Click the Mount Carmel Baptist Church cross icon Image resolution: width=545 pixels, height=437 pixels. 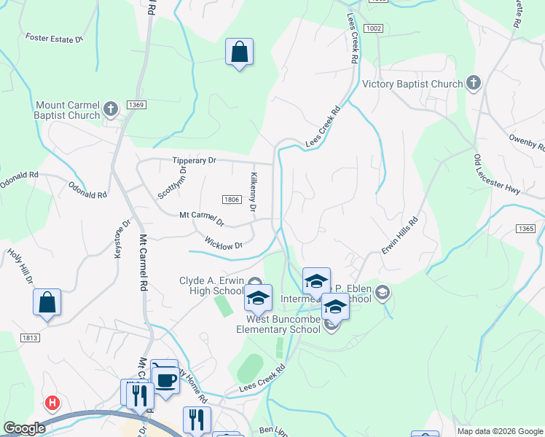coord(111,109)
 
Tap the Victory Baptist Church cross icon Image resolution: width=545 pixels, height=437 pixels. coord(474,83)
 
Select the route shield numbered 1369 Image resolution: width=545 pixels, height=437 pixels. coord(136,105)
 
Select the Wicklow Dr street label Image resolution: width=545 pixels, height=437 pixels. coord(223,244)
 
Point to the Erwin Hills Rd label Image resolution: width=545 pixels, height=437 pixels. coord(401,235)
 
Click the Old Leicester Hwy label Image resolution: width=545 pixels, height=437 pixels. coord(497,175)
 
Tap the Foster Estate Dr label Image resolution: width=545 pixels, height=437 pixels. coord(55,36)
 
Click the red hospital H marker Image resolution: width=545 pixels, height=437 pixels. coord(52,402)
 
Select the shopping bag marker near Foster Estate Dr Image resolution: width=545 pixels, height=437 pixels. coord(239,52)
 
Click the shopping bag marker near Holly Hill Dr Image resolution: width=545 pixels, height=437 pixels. coord(47,302)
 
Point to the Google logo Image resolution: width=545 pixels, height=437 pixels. coord(23,428)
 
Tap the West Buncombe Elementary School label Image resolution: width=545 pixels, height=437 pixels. coord(278,324)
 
